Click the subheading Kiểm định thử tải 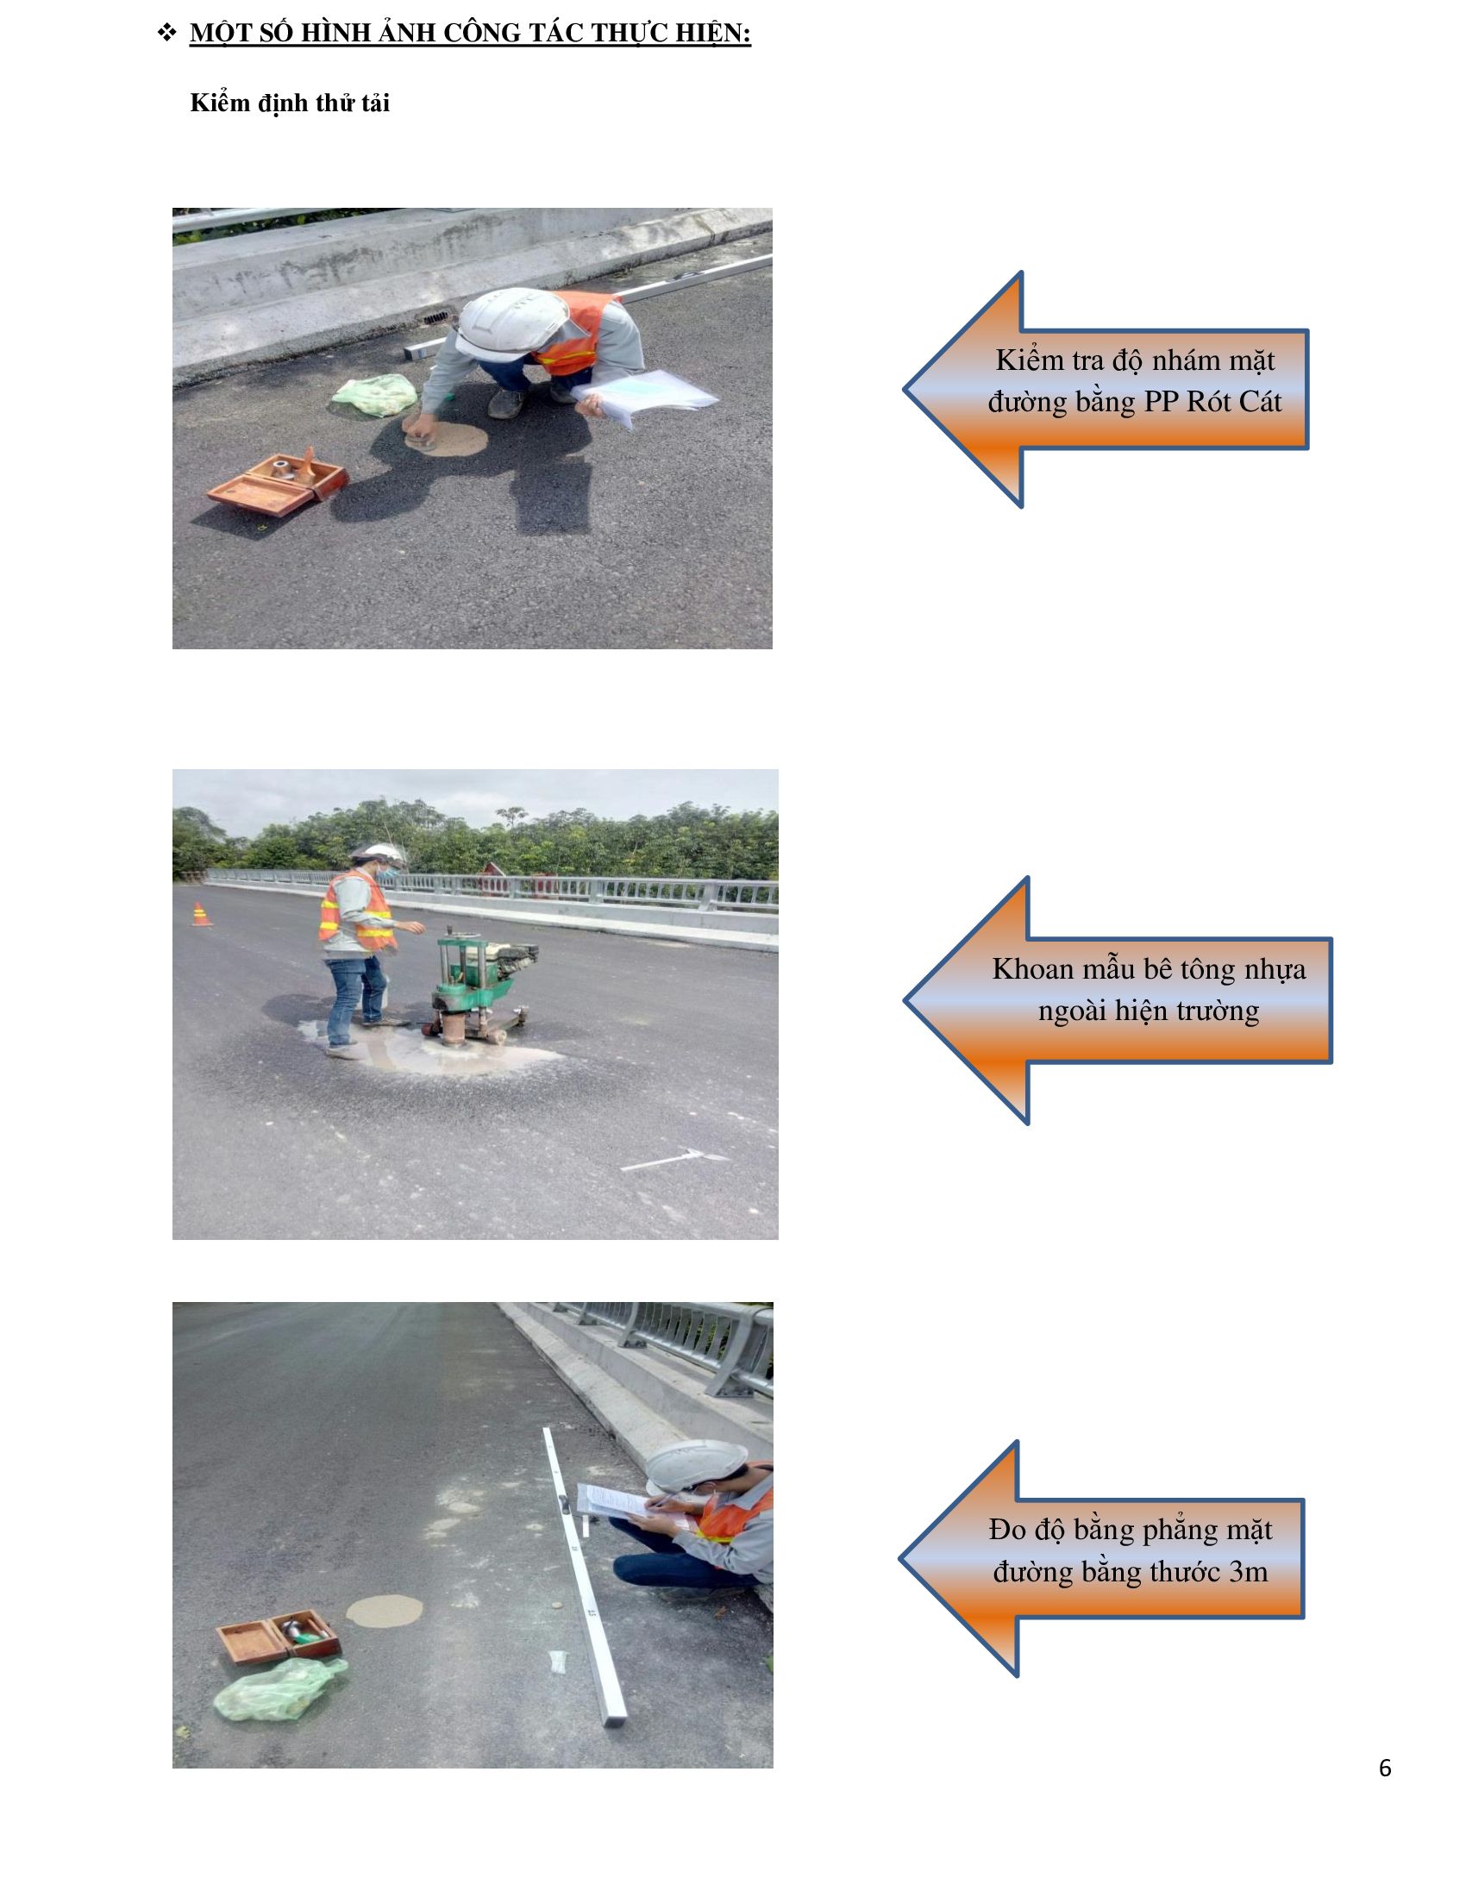click(289, 103)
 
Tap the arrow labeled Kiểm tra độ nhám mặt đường click(1105, 389)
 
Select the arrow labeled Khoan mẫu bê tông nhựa click(1117, 1000)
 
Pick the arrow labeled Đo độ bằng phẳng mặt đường click(1101, 1559)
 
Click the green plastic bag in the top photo click(374, 394)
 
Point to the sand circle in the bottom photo click(385, 1612)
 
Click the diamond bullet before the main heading click(166, 33)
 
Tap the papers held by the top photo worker click(646, 396)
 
